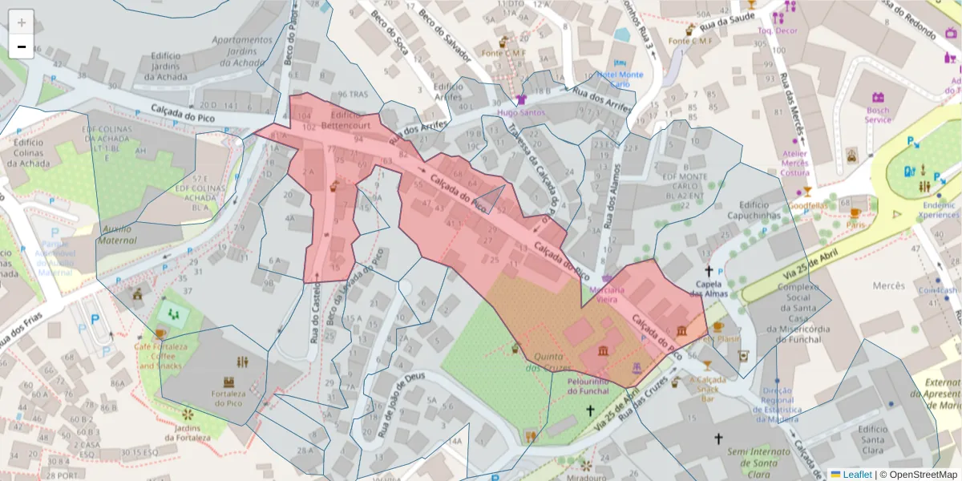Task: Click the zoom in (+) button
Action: (22, 22)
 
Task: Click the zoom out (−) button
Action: (22, 46)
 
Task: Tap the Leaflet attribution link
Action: (857, 474)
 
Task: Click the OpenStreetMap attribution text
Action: (918, 474)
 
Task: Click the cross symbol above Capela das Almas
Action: (709, 272)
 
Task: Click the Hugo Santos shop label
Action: (520, 113)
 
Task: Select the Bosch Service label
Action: (877, 115)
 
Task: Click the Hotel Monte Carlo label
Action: (619, 79)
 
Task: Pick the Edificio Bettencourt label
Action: (345, 121)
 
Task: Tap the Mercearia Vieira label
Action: (606, 294)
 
